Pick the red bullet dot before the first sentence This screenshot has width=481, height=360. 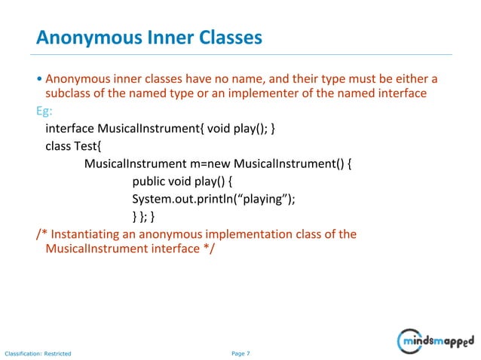pyautogui.click(x=39, y=79)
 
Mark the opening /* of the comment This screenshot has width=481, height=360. pyautogui.click(x=41, y=234)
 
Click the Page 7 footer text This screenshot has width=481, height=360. pyautogui.click(x=240, y=352)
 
